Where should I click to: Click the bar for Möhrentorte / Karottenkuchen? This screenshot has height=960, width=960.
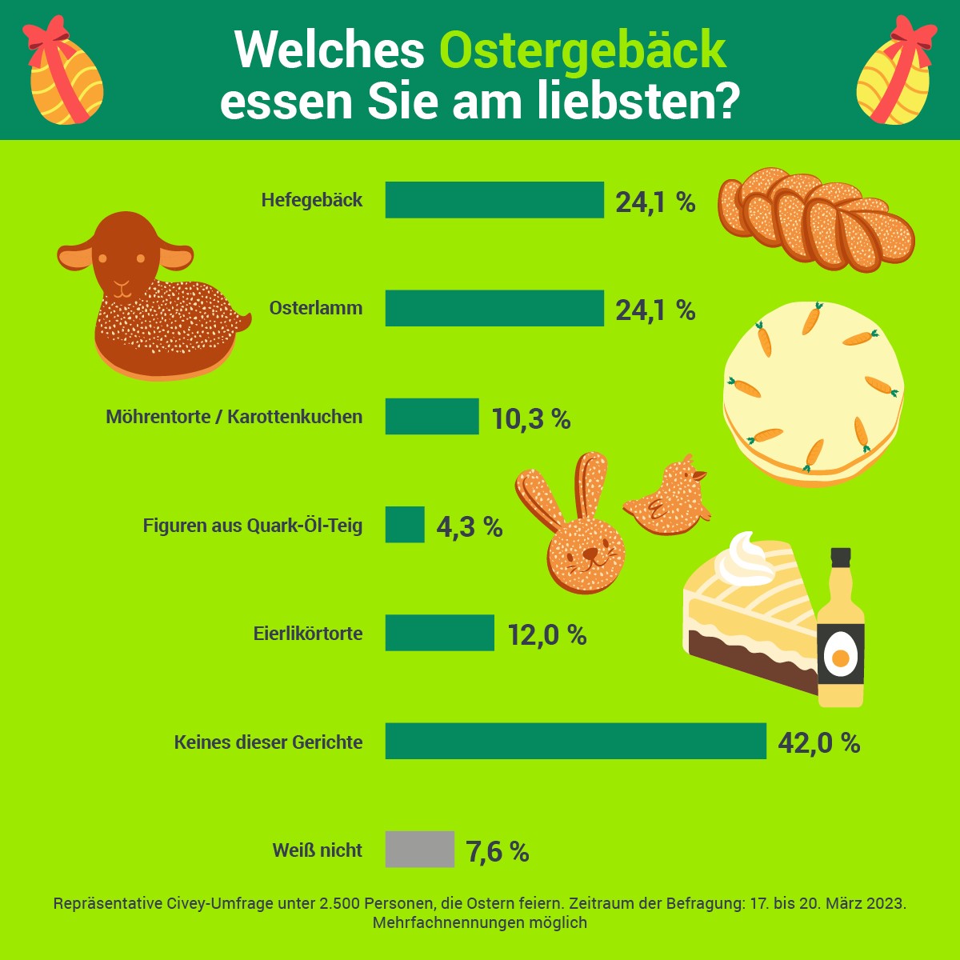(432, 417)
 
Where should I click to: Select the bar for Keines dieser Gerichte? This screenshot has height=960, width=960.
(575, 741)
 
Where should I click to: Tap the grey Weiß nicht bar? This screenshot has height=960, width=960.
(419, 850)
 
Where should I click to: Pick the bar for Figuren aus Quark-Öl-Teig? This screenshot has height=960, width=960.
(405, 525)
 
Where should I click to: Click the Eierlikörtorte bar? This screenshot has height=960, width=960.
(439, 633)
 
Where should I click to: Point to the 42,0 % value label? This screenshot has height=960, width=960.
(818, 743)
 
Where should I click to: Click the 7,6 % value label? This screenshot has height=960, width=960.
(497, 852)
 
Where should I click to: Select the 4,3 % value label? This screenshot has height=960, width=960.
(469, 527)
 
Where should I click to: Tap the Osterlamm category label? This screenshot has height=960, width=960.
(315, 308)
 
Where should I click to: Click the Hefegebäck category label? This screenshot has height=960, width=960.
(311, 200)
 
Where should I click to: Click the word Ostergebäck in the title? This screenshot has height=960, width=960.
(582, 50)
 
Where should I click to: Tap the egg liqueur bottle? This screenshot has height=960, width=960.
(840, 632)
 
